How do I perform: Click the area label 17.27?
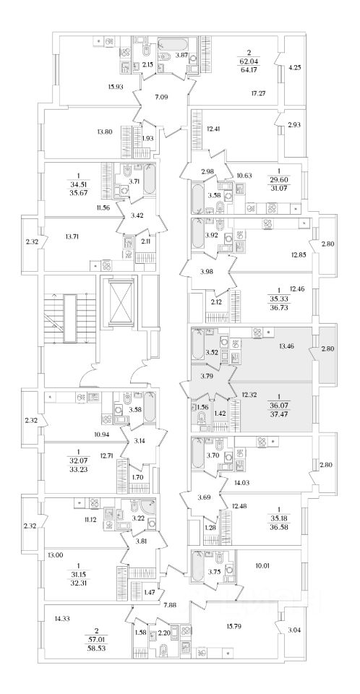258,93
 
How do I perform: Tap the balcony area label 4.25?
294,68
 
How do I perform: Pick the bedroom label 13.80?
103,131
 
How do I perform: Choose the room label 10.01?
262,565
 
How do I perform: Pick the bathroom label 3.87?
181,54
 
